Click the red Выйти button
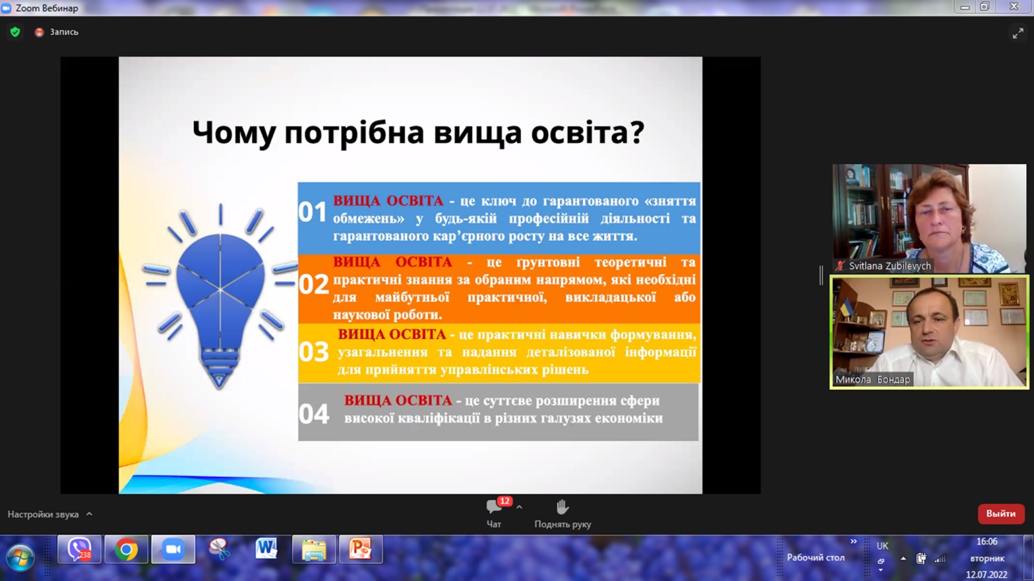pyautogui.click(x=1001, y=514)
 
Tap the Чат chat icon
pyautogui.click(x=494, y=507)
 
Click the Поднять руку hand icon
pyautogui.click(x=562, y=507)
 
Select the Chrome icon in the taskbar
pyautogui.click(x=126, y=549)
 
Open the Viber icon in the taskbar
pyautogui.click(x=79, y=549)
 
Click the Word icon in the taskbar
pyautogui.click(x=266, y=549)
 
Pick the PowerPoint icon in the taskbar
pyautogui.click(x=361, y=549)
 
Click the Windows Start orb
pyautogui.click(x=20, y=556)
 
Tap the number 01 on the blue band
pyautogui.click(x=312, y=212)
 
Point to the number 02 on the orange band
pyautogui.click(x=313, y=284)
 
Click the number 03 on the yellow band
pyautogui.click(x=313, y=352)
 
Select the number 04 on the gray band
pyautogui.click(x=314, y=414)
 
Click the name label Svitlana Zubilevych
pyautogui.click(x=889, y=266)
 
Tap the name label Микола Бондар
pyautogui.click(x=872, y=379)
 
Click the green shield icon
pyautogui.click(x=15, y=32)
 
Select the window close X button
pyautogui.click(x=1014, y=6)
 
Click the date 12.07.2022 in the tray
pyautogui.click(x=986, y=575)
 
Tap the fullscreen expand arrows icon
pyautogui.click(x=1018, y=33)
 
